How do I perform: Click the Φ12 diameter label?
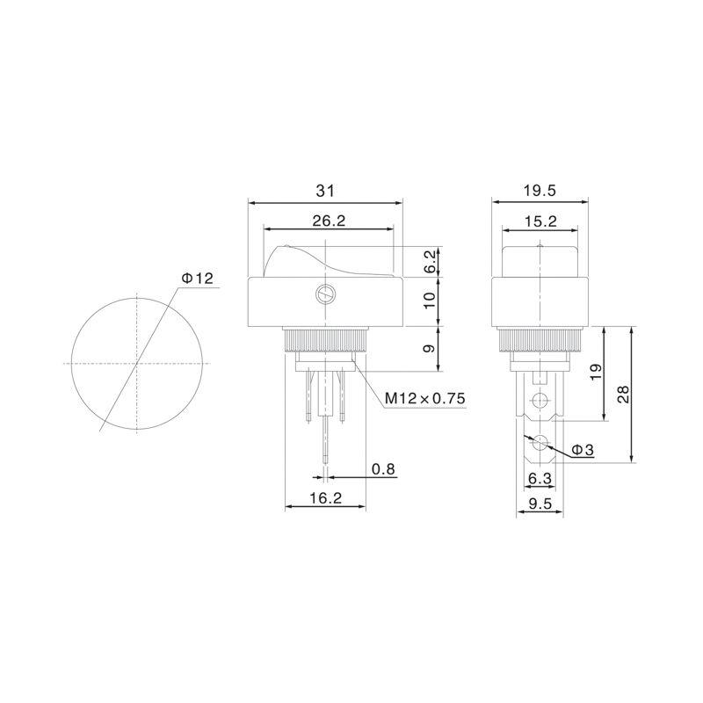(x=197, y=279)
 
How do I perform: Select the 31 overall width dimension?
(x=325, y=191)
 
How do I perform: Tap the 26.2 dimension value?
(x=329, y=221)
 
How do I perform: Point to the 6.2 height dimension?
(x=430, y=262)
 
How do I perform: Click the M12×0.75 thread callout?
(x=425, y=398)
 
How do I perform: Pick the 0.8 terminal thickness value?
(x=384, y=469)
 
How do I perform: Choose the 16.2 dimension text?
(x=325, y=497)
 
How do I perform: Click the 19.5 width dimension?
(x=540, y=191)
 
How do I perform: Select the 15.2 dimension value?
(x=540, y=221)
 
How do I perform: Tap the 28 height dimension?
(x=624, y=394)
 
